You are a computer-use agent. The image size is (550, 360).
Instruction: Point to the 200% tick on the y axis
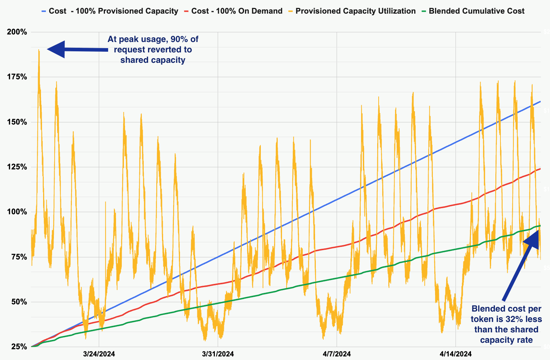[17, 32]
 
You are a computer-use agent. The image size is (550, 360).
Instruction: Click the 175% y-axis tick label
[17, 77]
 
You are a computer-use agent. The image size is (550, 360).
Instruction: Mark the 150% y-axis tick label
[17, 122]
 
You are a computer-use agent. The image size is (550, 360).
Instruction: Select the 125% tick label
[17, 167]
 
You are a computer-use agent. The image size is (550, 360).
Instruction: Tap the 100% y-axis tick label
[17, 212]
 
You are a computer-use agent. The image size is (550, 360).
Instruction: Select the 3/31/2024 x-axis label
[218, 354]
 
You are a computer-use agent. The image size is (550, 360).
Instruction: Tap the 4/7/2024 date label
[337, 354]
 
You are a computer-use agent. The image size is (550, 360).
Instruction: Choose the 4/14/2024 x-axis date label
[455, 354]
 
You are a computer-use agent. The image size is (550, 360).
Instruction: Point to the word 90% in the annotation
[174, 39]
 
